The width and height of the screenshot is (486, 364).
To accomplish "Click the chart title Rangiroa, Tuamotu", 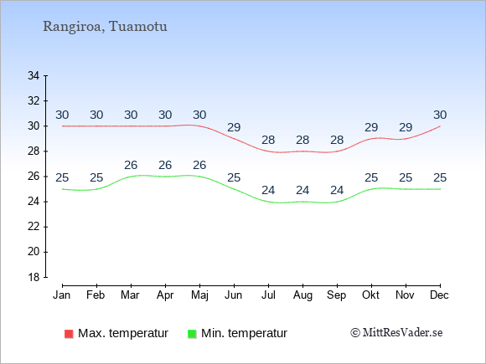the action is (x=105, y=27).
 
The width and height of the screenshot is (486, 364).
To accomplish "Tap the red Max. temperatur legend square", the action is (x=69, y=334).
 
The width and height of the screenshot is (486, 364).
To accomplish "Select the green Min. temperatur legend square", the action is (x=192, y=334).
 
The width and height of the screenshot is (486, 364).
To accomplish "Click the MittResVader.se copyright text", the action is (x=396, y=333).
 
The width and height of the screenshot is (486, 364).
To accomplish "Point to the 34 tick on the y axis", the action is (x=34, y=75).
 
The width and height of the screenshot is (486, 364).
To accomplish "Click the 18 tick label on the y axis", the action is (x=34, y=277).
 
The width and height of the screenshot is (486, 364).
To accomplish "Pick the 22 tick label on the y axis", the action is (x=34, y=227).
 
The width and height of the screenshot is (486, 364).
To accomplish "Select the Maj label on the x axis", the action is (x=199, y=295).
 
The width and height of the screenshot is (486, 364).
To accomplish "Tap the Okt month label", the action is (x=371, y=295).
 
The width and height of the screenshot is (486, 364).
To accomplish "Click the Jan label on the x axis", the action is (x=62, y=295).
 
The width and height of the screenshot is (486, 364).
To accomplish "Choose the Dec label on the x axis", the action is (x=440, y=295).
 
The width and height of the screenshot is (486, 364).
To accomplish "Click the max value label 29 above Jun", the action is (x=234, y=127).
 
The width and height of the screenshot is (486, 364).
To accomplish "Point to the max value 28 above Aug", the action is (x=302, y=141).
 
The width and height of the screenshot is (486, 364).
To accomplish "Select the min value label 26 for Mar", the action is (x=131, y=166).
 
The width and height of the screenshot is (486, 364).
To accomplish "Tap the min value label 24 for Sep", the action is (x=337, y=190).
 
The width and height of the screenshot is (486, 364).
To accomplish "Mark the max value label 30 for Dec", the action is (x=440, y=115).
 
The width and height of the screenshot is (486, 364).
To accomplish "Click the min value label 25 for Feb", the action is (x=96, y=178).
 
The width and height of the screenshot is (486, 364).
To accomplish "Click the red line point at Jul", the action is (x=268, y=151).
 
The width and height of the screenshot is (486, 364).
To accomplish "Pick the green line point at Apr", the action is (x=165, y=177).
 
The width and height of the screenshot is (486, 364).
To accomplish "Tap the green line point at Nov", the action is (x=406, y=189).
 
